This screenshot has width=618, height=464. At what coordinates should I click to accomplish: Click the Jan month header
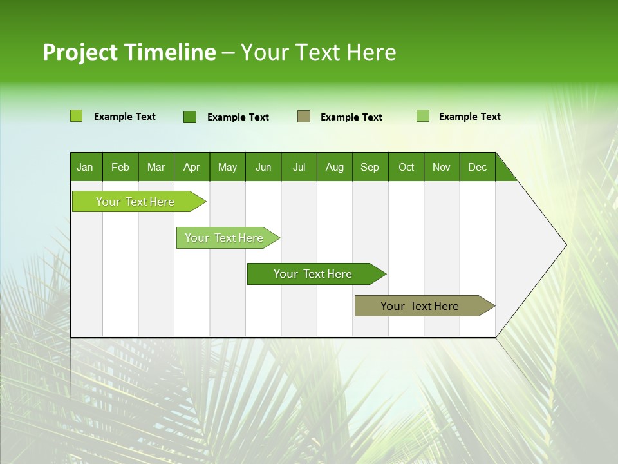[x=85, y=167]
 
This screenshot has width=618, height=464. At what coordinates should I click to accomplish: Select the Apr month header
[x=191, y=167]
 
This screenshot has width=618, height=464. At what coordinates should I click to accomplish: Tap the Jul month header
[x=299, y=167]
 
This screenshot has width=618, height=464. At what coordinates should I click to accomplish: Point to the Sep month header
[x=370, y=167]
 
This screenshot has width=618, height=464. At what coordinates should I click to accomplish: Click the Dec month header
[x=477, y=167]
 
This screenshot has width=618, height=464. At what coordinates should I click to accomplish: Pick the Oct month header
[x=406, y=167]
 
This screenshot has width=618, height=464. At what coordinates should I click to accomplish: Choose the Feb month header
[x=120, y=167]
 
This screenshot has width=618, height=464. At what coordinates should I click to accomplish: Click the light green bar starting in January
[x=136, y=202]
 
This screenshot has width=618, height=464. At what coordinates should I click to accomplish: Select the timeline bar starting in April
[x=225, y=238]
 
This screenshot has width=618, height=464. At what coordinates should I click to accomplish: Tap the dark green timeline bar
[x=314, y=274]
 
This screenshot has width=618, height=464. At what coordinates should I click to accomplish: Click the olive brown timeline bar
[x=420, y=306]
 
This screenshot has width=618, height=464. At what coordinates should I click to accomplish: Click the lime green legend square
[x=76, y=116]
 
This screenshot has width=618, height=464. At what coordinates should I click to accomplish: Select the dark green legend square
[x=189, y=117]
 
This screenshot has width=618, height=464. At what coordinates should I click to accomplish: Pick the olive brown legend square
[x=304, y=117]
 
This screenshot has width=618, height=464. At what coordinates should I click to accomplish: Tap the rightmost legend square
[x=422, y=116]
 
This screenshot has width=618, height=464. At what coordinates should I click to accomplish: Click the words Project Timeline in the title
[x=129, y=52]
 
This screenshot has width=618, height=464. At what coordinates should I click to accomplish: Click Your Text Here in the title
[x=318, y=52]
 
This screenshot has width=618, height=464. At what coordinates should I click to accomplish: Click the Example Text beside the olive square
[x=351, y=117]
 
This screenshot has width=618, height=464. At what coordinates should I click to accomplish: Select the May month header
[x=227, y=167]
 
